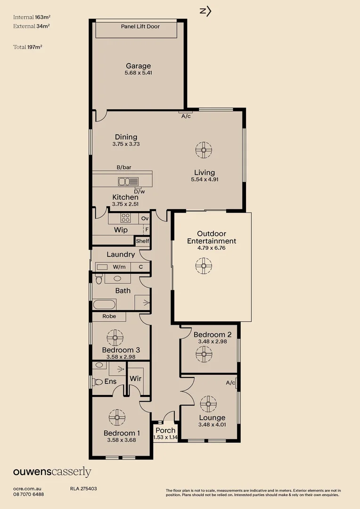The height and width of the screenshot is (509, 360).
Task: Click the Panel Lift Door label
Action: click(140, 26)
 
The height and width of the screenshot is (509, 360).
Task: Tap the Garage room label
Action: click(138, 66)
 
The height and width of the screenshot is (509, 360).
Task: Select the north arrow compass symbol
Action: click(205, 11)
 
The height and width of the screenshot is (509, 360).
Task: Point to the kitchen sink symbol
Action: click(128, 181)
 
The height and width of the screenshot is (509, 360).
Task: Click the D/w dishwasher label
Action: click(139, 191)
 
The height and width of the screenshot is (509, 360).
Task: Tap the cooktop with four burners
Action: click(126, 218)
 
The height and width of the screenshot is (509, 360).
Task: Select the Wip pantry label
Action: click(121, 230)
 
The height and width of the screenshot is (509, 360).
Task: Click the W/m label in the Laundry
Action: click(119, 267)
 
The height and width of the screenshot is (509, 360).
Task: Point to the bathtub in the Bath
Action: click(104, 304)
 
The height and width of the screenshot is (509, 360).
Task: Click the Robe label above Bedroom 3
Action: click(109, 316)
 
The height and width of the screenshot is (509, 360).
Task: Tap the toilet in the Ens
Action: click(98, 382)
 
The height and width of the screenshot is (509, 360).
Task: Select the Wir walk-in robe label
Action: click(136, 378)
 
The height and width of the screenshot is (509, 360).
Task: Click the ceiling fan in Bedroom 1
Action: click(116, 417)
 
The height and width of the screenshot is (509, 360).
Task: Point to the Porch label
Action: click(165, 430)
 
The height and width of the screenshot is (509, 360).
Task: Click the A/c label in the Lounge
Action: click(230, 383)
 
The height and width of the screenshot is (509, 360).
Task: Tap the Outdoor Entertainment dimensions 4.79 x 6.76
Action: click(212, 247)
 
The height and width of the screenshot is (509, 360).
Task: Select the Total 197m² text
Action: click(32, 47)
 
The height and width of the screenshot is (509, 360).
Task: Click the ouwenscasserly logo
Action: click(52, 472)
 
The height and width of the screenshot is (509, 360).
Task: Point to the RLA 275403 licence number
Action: click(83, 489)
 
